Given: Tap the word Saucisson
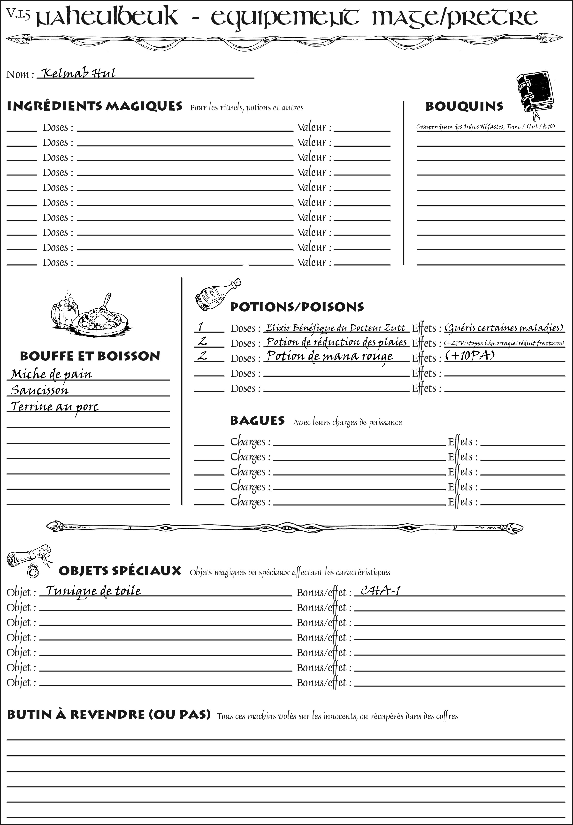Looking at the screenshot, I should click(39, 390).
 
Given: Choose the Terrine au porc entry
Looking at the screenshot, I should click(54, 407).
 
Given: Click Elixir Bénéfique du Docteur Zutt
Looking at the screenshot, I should click(335, 328).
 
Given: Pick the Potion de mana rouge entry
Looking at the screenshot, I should click(329, 357).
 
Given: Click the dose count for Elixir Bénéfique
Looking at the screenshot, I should click(201, 327).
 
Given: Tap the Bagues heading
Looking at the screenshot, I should click(257, 421).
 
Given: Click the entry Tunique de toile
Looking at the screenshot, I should click(93, 591).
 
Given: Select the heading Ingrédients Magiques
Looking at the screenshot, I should click(94, 107).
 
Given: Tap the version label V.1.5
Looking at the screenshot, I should click(18, 14).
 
